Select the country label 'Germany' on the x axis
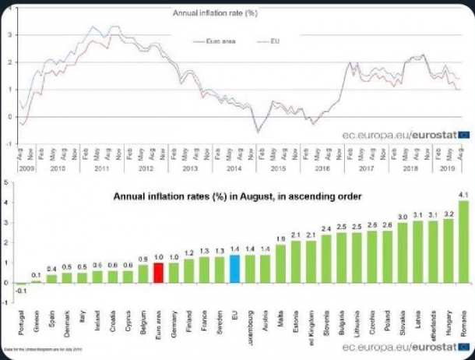coord(175,300)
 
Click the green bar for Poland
coord(385,256)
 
